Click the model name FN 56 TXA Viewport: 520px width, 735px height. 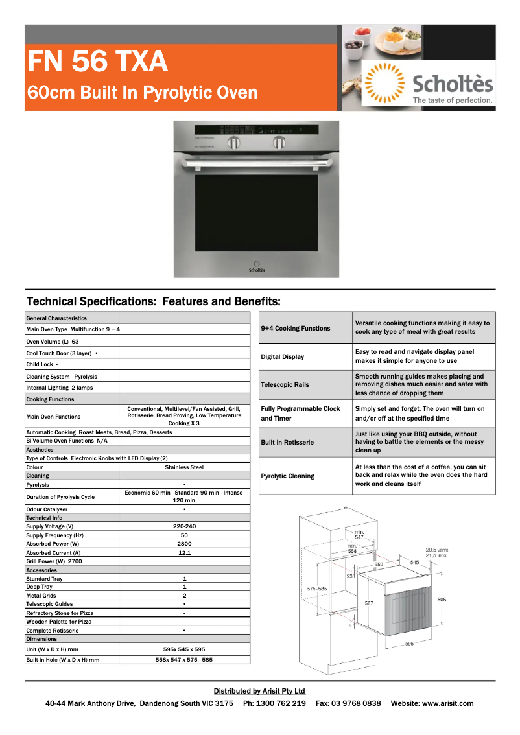click(x=97, y=62)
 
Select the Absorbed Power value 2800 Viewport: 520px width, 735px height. click(x=184, y=544)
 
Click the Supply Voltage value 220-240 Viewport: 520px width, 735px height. click(x=184, y=526)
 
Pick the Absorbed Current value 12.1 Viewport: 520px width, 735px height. click(x=184, y=553)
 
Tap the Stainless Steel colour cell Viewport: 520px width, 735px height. click(x=184, y=467)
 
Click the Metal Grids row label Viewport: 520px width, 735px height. click(x=41, y=596)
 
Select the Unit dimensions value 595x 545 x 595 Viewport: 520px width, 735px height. click(x=184, y=649)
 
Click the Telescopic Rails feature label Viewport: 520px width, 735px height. click(x=285, y=385)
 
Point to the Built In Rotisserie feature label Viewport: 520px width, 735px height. click(x=287, y=442)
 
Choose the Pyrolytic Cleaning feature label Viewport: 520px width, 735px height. click(x=287, y=476)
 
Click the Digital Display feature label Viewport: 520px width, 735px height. click(x=282, y=357)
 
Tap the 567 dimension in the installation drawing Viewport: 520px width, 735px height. click(x=368, y=603)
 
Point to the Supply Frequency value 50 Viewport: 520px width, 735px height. click(x=184, y=535)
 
